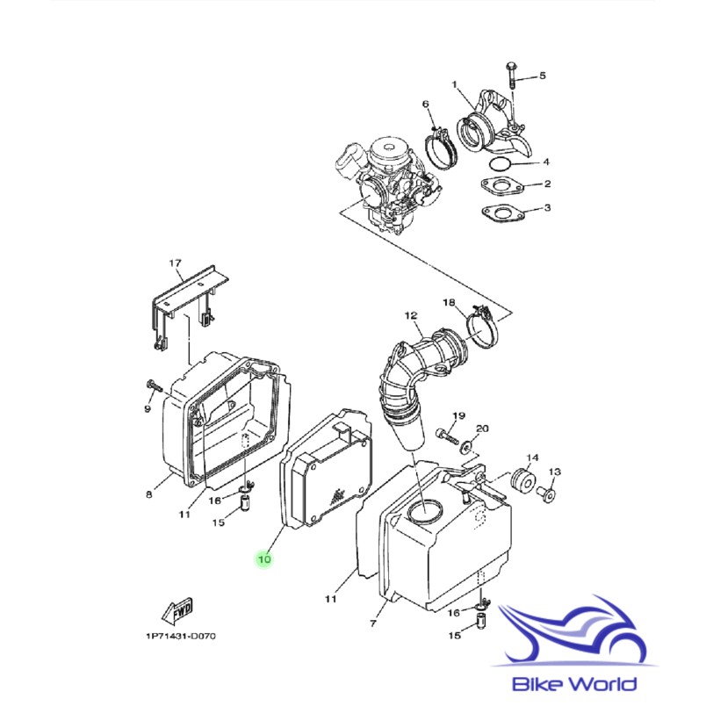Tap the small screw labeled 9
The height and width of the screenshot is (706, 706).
(152, 385)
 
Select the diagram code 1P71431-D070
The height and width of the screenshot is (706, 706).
(180, 637)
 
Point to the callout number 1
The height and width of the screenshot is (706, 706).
(455, 84)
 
